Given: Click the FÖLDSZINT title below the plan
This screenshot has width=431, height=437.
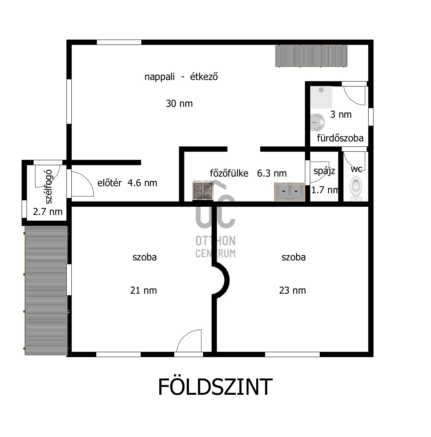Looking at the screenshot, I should pos(215,387).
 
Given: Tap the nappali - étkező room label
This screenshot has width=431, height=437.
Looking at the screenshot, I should pos(181,77).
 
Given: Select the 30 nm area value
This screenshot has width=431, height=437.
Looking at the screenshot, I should pos(179,104).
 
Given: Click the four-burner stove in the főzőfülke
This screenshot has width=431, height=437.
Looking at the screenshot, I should pos(203,191).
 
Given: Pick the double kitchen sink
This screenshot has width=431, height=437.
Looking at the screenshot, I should pos(290,192).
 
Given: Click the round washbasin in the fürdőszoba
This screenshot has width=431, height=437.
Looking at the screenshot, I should pos(317,122).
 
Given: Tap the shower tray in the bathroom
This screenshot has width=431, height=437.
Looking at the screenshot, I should pos(321,97).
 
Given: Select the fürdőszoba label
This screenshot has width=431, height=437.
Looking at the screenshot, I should pos(340,138).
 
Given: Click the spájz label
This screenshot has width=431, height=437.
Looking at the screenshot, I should pos(324,171).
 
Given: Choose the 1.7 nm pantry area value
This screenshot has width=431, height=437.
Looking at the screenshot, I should pos(325,190).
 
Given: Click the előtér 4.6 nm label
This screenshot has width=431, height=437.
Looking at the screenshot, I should pos(127,183).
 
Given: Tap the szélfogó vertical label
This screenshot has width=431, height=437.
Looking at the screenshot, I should pos(48,187).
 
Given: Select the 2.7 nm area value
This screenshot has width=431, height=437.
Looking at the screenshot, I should pos(48,212).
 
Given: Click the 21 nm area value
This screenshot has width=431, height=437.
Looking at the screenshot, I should pos(143,290).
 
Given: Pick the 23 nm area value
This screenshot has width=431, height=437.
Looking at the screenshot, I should pos(292,290).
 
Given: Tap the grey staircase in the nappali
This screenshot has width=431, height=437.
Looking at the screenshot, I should pos(311,56).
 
